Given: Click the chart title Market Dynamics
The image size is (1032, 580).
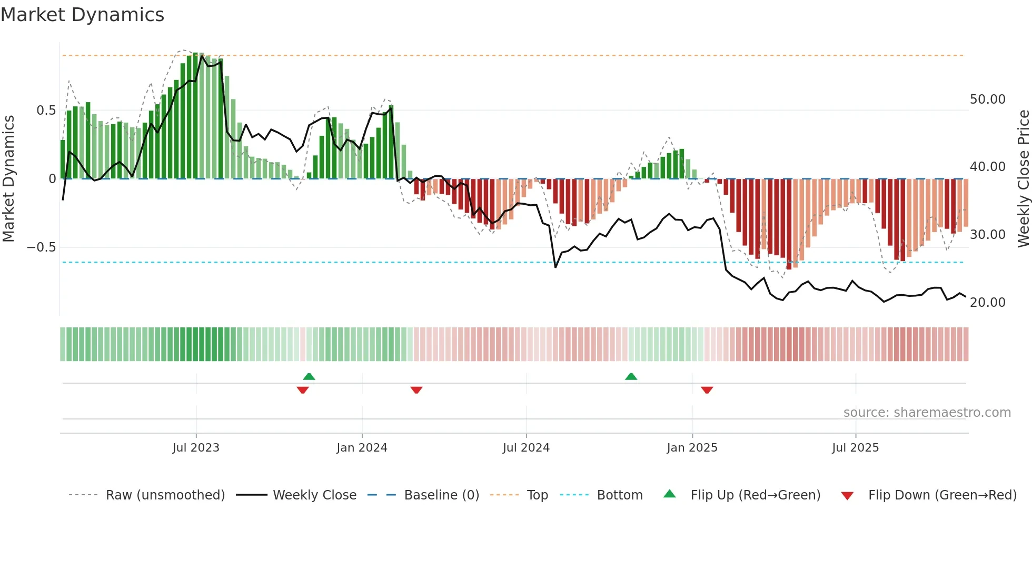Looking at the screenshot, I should pos(82,15).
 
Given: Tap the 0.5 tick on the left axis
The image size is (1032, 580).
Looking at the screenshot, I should pos(46,111).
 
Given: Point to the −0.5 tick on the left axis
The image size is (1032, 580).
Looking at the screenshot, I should pos(42,247).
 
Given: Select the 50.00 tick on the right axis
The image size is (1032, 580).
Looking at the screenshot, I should pos(987,99).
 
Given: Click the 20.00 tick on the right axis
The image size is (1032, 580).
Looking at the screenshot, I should pos(987,303).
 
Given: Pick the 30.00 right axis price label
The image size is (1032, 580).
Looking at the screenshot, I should pos(987,235).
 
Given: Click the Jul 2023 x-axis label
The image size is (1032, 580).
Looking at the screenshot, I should pos(196,448).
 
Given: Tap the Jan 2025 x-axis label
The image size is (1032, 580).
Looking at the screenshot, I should pos(692,448).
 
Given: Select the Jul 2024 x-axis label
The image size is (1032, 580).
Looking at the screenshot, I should pos(526,448).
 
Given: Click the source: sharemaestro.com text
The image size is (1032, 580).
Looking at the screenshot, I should pos(927,413).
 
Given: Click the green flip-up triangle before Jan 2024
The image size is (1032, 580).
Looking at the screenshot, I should pos(309,376).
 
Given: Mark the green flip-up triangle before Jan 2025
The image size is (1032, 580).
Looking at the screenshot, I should pos(631,376).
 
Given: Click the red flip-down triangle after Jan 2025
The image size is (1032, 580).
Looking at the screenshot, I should pos(707,390).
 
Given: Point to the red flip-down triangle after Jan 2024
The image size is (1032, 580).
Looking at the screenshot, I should pos(416,390).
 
